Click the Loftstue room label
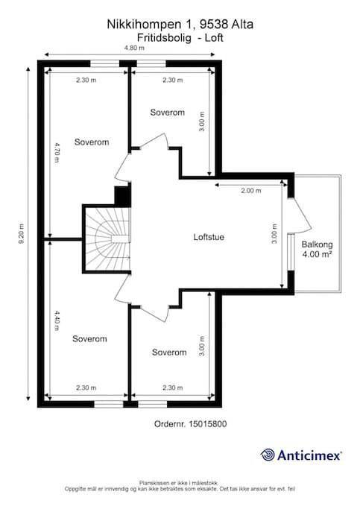(x=209, y=238)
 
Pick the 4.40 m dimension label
(x=57, y=325)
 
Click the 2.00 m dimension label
(x=251, y=191)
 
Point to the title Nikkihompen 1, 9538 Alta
(x=180, y=25)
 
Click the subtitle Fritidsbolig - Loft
(x=180, y=36)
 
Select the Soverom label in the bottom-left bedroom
(x=90, y=338)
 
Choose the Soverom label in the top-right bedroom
(x=168, y=113)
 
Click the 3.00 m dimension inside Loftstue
(x=275, y=237)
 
